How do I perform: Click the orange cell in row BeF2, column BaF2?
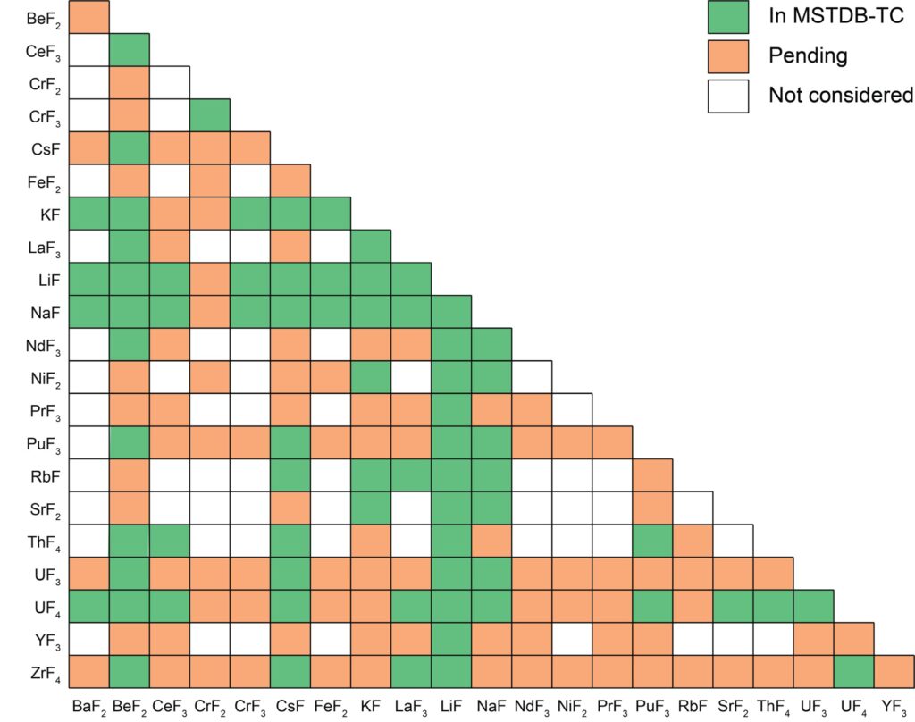[89, 17]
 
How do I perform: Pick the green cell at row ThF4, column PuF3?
[652, 540]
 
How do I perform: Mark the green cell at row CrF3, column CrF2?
[210, 115]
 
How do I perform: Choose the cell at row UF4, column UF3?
[813, 606]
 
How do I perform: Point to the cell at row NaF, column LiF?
[451, 311]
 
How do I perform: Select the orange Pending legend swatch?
[728, 55]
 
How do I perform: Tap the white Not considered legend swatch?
[728, 95]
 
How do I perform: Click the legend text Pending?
[807, 55]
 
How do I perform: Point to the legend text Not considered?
[841, 95]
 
